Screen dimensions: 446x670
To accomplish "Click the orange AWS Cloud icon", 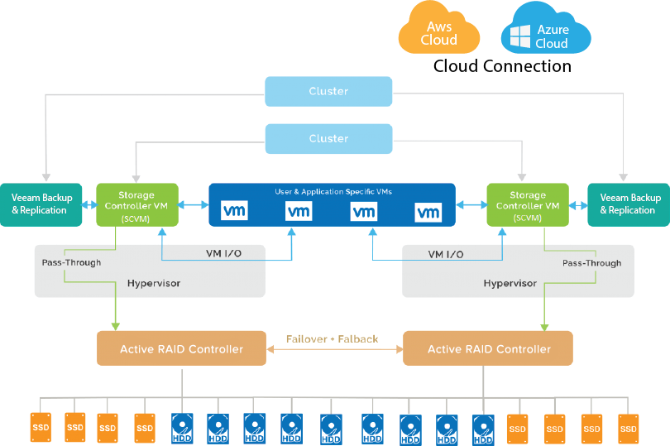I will point(438,31).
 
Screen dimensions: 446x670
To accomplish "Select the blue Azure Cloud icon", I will point(546,33).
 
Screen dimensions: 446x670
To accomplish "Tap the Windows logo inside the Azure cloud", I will point(519,36).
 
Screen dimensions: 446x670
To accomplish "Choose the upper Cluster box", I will point(328,91).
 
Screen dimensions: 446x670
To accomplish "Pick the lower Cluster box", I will point(328,138).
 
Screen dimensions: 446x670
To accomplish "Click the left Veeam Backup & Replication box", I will point(41,204).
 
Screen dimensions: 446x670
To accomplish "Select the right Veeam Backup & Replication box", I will point(629,204).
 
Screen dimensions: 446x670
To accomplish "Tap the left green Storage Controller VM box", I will point(136,204).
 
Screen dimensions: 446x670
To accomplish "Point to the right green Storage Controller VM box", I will point(528,204).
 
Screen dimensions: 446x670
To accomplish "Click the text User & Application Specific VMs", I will point(333,191).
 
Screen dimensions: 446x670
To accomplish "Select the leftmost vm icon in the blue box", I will point(234,213).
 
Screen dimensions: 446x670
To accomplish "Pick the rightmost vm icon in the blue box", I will point(428,213).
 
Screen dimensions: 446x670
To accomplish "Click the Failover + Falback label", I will point(332,339).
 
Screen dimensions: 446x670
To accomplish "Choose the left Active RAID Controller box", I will point(181,348).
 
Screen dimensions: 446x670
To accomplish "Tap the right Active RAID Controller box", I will point(488,348).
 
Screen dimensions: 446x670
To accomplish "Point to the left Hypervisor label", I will point(153,283).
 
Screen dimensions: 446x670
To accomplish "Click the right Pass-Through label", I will point(591,262).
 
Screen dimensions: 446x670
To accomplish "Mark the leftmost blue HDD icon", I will point(182,429).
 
